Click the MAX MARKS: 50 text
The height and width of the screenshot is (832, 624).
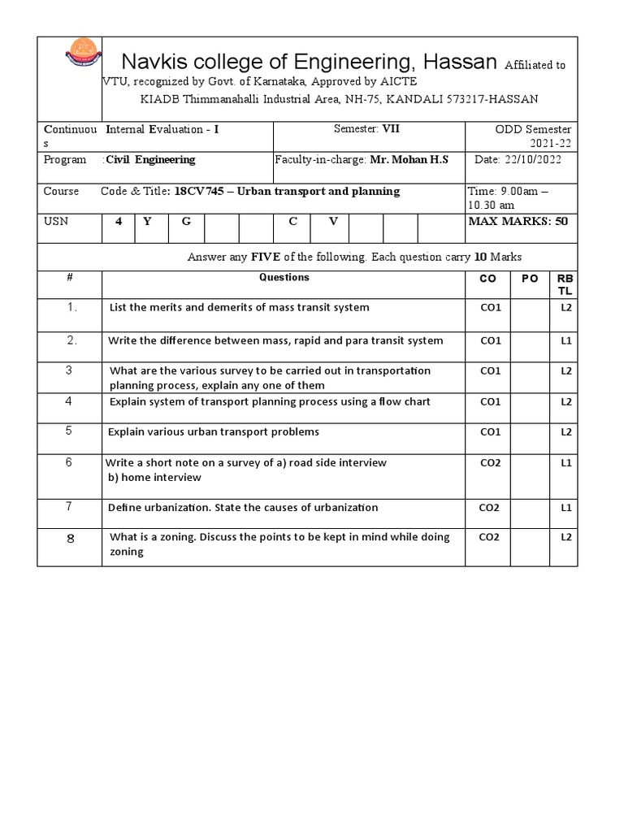click(x=518, y=222)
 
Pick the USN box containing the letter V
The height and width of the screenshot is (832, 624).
click(x=332, y=222)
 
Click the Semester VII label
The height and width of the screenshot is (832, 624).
click(x=367, y=128)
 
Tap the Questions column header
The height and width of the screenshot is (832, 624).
click(x=284, y=278)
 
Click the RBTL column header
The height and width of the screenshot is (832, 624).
click(x=565, y=284)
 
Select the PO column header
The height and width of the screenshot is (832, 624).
click(x=529, y=279)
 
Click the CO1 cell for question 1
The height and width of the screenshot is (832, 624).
click(x=490, y=308)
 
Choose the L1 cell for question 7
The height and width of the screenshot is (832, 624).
click(x=566, y=508)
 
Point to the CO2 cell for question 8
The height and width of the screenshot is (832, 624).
click(x=490, y=537)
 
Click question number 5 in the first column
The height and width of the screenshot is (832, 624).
click(x=69, y=431)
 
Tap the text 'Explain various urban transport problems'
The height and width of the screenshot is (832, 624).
click(x=214, y=431)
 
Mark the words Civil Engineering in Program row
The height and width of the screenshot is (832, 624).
click(x=150, y=160)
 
